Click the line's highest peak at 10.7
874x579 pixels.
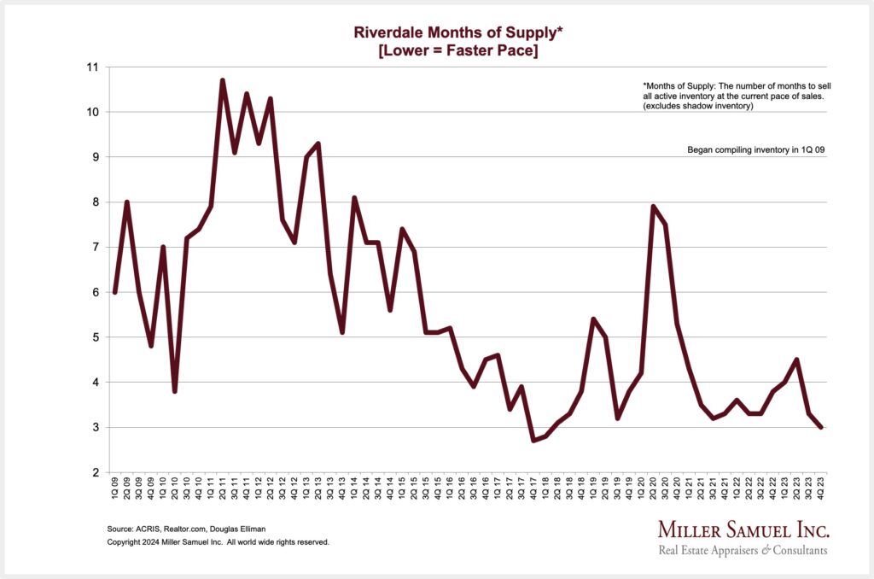coord(223,80)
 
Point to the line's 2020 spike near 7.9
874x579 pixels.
coord(653,207)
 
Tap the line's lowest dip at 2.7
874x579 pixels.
coord(533,441)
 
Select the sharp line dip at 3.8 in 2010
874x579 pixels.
coord(175,391)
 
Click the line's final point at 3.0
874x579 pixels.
coord(821,427)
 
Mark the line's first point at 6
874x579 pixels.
coord(115,292)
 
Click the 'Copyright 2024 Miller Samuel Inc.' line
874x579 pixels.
coord(218,542)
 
